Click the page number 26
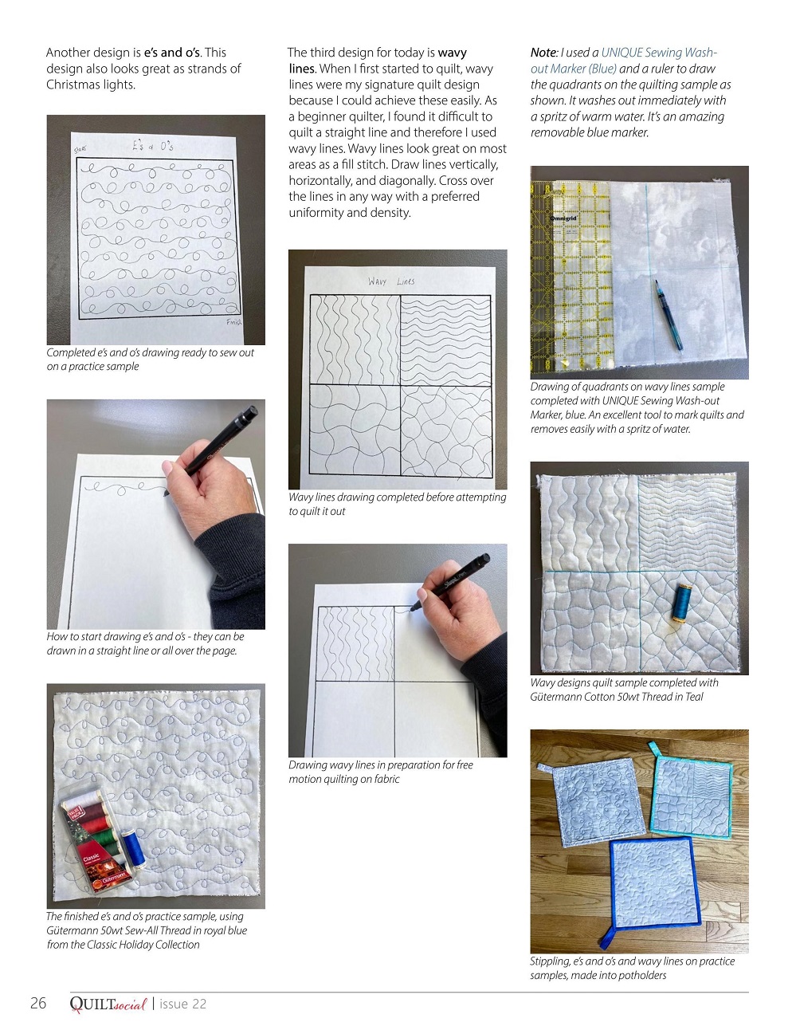click(38, 1003)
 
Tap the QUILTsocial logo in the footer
click(108, 1004)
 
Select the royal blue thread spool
click(132, 848)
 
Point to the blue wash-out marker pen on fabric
click(669, 315)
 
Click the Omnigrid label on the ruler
click(563, 218)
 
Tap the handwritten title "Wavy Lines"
click(391, 281)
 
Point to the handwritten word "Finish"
click(233, 322)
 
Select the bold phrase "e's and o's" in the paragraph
click(172, 52)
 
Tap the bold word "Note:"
click(544, 52)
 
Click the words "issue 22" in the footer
click(182, 1004)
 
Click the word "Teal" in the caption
click(694, 696)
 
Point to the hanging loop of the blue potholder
click(607, 936)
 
